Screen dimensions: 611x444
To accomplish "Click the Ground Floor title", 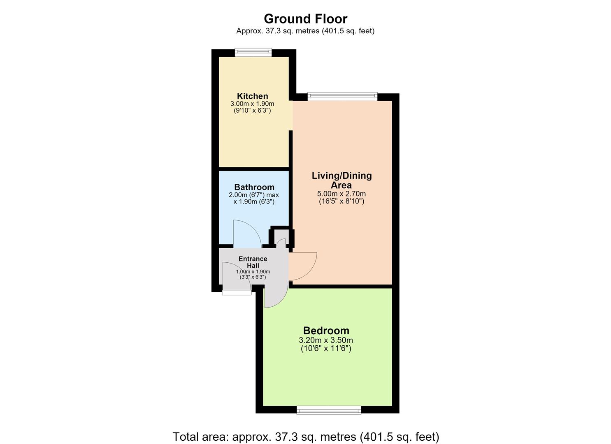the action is click(305, 19).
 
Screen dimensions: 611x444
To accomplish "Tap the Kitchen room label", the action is click(252, 96).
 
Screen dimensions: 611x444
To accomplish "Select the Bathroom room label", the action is click(254, 187).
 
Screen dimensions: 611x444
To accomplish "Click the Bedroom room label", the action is click(326, 331).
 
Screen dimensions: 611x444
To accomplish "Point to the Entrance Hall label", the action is click(253, 262).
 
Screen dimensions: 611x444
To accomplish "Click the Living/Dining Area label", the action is click(342, 180).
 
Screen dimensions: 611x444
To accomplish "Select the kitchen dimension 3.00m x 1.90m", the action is click(252, 104).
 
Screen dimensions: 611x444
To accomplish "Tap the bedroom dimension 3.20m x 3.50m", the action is click(326, 340).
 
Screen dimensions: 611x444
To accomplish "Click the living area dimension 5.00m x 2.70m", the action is click(342, 194).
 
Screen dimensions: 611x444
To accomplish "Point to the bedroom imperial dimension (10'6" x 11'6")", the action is click(326, 348).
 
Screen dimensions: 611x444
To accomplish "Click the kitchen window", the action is click(253, 52).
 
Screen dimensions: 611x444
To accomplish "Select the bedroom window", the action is click(329, 418).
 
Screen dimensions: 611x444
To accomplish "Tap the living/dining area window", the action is click(343, 97).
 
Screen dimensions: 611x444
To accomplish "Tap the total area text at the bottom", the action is click(306, 437).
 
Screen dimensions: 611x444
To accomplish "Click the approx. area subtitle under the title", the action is click(305, 31).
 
